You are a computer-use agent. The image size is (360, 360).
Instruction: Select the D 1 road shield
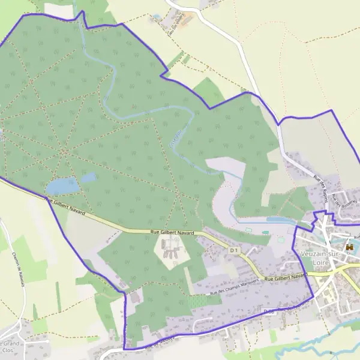point(235,250)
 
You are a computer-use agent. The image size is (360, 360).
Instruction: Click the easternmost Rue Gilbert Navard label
point(286,277)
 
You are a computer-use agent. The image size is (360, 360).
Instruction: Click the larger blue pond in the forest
point(63,186)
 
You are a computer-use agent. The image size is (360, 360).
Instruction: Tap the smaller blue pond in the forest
point(88,178)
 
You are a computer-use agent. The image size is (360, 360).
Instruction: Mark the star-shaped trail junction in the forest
point(64,151)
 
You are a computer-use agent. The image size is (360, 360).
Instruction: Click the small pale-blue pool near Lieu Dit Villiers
point(157,17)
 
